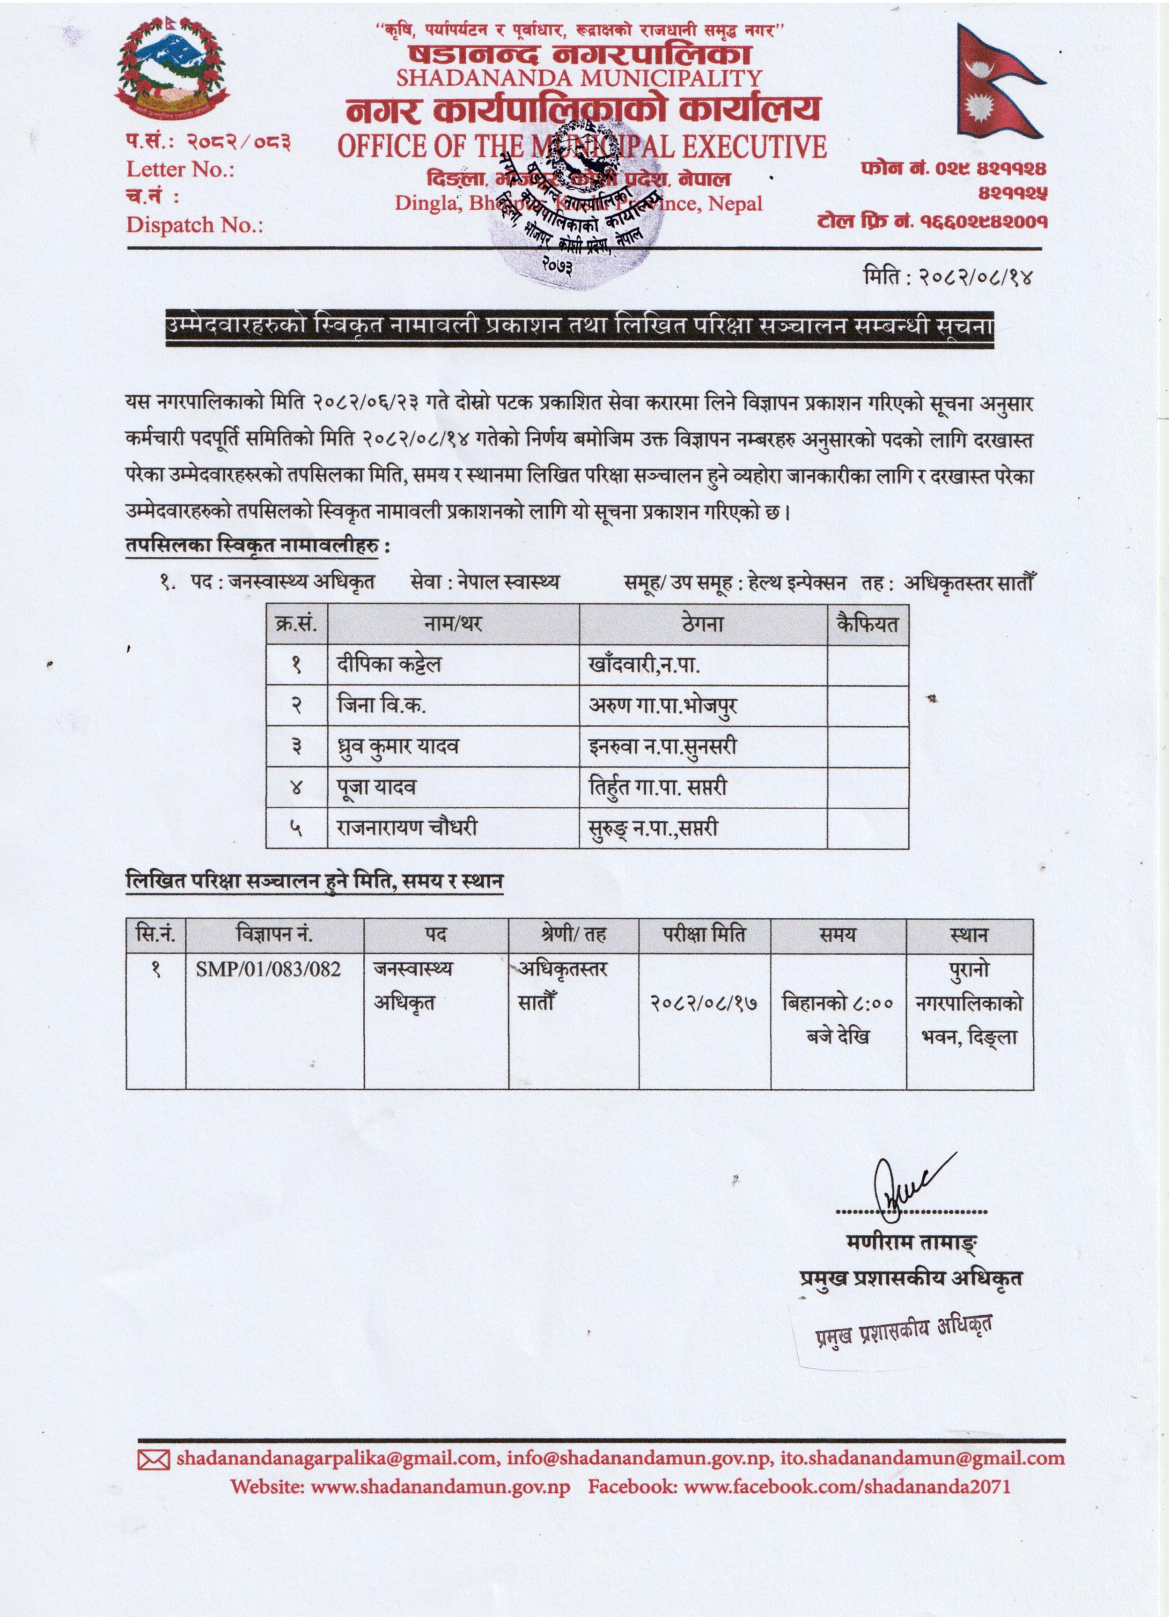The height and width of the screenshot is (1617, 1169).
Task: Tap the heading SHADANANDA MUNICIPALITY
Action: coord(579,78)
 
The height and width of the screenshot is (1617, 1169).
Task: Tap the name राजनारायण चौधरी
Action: coord(407,828)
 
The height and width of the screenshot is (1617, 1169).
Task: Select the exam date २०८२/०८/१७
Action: coord(704,1003)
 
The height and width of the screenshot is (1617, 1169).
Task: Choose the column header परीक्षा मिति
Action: coord(704,934)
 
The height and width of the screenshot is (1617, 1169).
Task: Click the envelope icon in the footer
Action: coord(153,1460)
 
